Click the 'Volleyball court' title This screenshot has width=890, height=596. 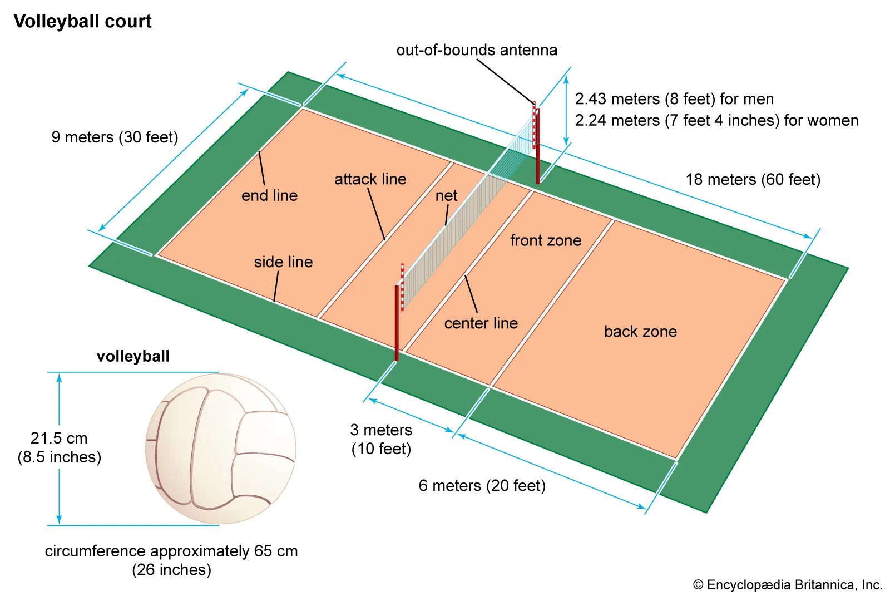pyautogui.click(x=82, y=21)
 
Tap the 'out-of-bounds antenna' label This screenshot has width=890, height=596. pyautogui.click(x=477, y=50)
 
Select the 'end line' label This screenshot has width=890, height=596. pyautogui.click(x=269, y=195)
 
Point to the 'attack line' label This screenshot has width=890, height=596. pyautogui.click(x=370, y=179)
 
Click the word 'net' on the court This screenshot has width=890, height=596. pyautogui.click(x=446, y=195)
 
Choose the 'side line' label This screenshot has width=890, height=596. pyautogui.click(x=283, y=262)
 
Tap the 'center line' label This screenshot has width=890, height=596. pyautogui.click(x=481, y=323)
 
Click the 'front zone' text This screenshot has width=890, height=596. pyautogui.click(x=546, y=240)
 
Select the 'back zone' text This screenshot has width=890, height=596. pyautogui.click(x=640, y=332)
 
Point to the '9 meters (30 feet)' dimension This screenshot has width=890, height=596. pyautogui.click(x=115, y=137)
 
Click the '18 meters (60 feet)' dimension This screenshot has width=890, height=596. pyautogui.click(x=753, y=179)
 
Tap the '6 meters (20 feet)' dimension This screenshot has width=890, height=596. pyautogui.click(x=482, y=486)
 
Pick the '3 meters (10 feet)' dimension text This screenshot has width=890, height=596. pyautogui.click(x=381, y=439)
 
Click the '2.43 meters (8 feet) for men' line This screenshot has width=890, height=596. pyautogui.click(x=674, y=99)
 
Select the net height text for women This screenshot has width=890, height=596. pyautogui.click(x=716, y=120)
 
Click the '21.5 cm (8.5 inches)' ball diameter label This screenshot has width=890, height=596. pyautogui.click(x=59, y=447)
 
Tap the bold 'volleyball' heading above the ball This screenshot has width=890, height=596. pyautogui.click(x=133, y=356)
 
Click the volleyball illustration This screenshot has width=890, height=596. pyautogui.click(x=220, y=449)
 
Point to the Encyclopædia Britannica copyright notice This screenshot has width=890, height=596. pyautogui.click(x=788, y=584)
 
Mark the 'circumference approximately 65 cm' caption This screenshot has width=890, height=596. pyautogui.click(x=171, y=560)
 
